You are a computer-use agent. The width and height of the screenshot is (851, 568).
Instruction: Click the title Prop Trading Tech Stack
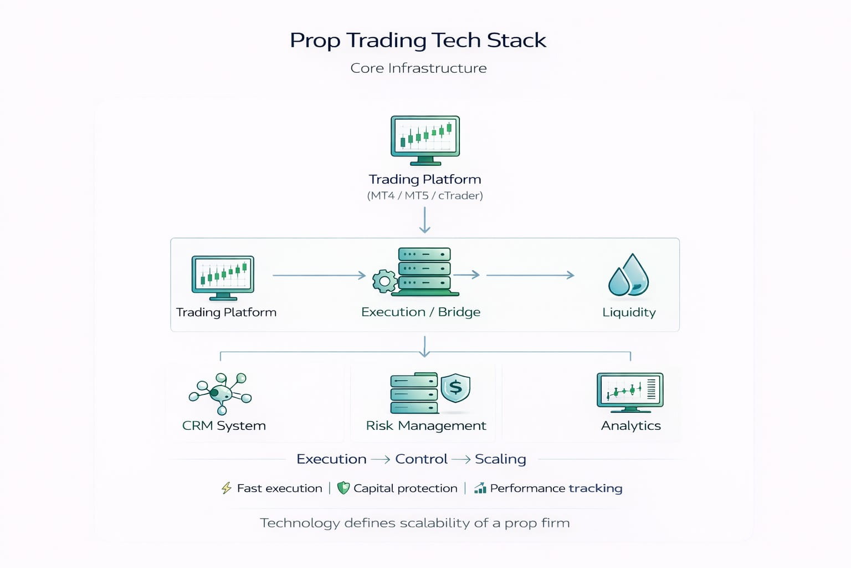click(x=418, y=40)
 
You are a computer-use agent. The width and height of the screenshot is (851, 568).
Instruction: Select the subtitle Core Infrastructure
click(x=418, y=68)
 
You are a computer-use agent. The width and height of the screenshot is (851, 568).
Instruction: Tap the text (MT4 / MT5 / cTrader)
click(x=425, y=195)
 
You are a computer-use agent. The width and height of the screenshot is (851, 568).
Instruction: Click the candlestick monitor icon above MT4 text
click(x=425, y=140)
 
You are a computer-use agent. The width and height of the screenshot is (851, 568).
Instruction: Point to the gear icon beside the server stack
click(x=385, y=281)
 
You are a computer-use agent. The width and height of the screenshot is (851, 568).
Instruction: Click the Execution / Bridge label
click(x=421, y=312)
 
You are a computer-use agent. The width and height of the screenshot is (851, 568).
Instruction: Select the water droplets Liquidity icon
click(x=629, y=275)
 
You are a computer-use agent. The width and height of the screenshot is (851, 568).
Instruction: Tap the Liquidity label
click(x=629, y=312)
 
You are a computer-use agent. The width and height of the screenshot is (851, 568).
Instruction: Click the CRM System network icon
click(x=221, y=393)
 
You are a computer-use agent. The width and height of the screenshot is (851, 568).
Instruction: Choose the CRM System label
click(x=224, y=425)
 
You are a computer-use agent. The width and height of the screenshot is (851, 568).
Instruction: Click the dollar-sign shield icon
click(x=455, y=387)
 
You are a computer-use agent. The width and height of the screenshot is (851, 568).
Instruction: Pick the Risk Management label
click(x=425, y=425)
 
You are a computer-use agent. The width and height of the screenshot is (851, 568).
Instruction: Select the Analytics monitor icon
click(x=630, y=392)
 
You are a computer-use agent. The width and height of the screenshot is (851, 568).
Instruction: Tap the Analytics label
click(x=630, y=425)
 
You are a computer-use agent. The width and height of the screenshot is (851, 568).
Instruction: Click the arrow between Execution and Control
click(x=381, y=459)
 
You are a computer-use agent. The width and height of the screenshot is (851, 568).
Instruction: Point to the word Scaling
click(x=500, y=459)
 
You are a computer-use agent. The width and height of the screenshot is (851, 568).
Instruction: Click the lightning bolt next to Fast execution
click(x=227, y=488)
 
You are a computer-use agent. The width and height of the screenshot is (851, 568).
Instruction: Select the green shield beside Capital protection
click(x=344, y=488)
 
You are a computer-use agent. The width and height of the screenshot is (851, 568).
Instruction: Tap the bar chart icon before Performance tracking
click(x=480, y=488)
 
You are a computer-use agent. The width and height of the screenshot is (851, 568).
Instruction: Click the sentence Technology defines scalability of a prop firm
click(x=414, y=523)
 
